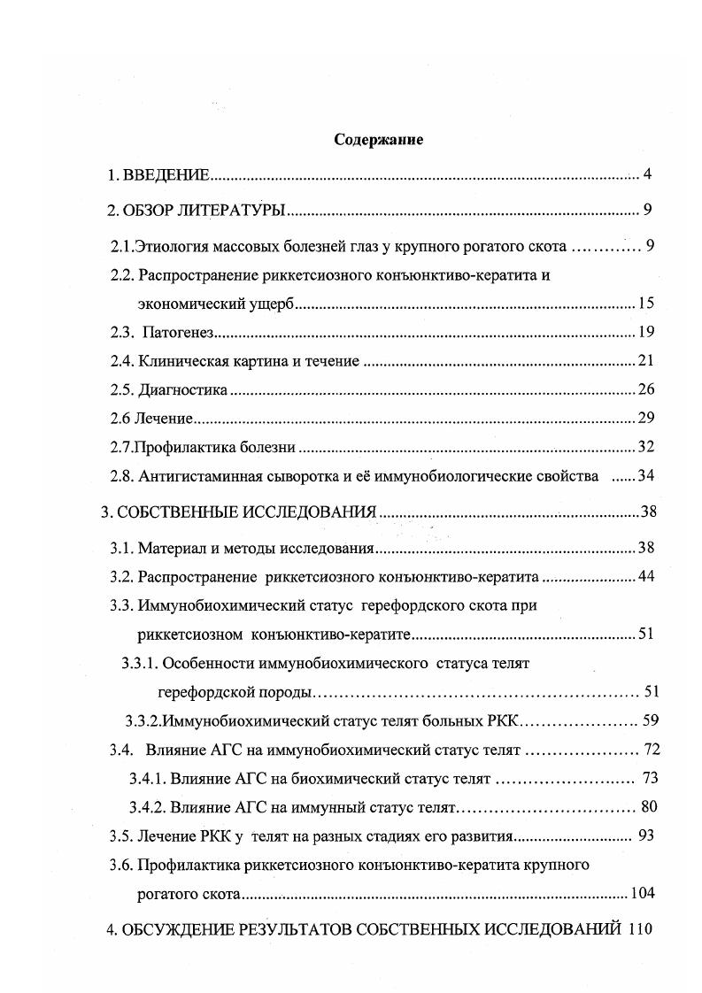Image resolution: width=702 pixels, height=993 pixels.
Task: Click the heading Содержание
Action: (378, 140)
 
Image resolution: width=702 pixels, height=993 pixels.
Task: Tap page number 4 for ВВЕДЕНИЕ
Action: (648, 174)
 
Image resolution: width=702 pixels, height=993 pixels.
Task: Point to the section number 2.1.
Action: (122, 246)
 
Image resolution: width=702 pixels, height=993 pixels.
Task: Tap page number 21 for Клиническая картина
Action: (645, 361)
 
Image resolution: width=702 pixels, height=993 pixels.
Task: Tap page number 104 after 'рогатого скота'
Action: (642, 894)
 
